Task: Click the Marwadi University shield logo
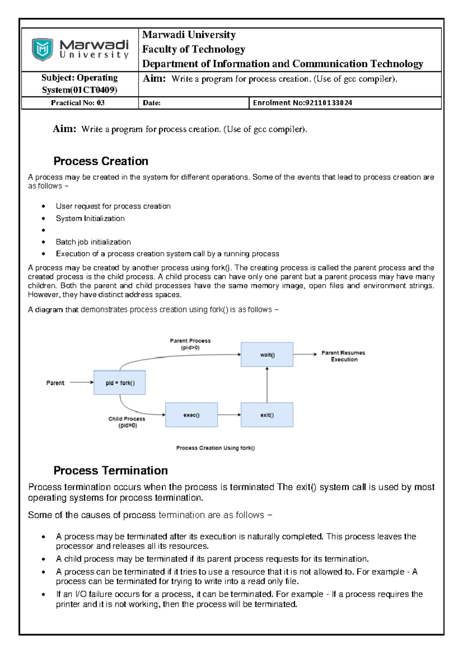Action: click(x=42, y=49)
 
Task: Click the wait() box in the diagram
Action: click(x=267, y=354)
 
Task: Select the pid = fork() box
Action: click(x=120, y=383)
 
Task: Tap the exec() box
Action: click(x=191, y=415)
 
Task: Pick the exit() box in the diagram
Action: click(x=267, y=415)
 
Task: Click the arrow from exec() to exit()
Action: click(x=229, y=415)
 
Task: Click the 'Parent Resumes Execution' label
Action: click(x=343, y=356)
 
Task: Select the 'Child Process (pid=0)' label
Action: click(x=127, y=422)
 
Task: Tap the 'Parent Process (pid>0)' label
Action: click(x=190, y=344)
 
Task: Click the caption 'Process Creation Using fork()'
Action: click(x=215, y=448)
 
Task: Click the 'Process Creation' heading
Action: click(x=101, y=161)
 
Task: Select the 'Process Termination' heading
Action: click(x=111, y=470)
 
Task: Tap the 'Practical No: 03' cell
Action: click(x=78, y=103)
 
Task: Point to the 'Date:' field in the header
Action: click(x=152, y=103)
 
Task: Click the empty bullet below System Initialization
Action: click(x=44, y=230)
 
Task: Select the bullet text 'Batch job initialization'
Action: click(x=93, y=242)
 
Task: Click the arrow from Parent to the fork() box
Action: click(x=81, y=383)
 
